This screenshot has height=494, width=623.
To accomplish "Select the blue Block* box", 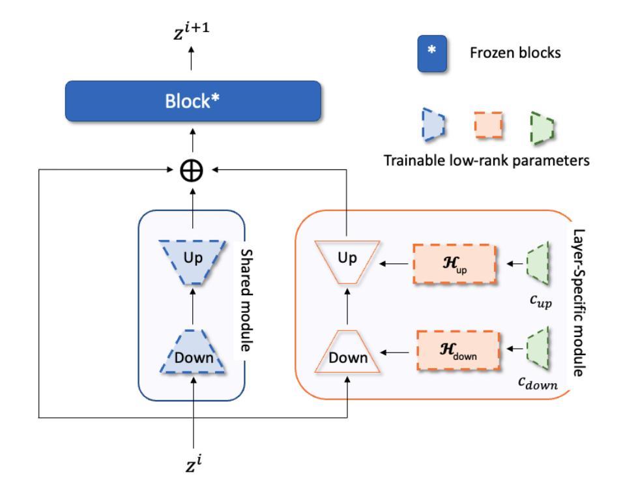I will [x=193, y=101].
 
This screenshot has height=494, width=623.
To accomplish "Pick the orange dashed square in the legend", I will [x=487, y=126].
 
